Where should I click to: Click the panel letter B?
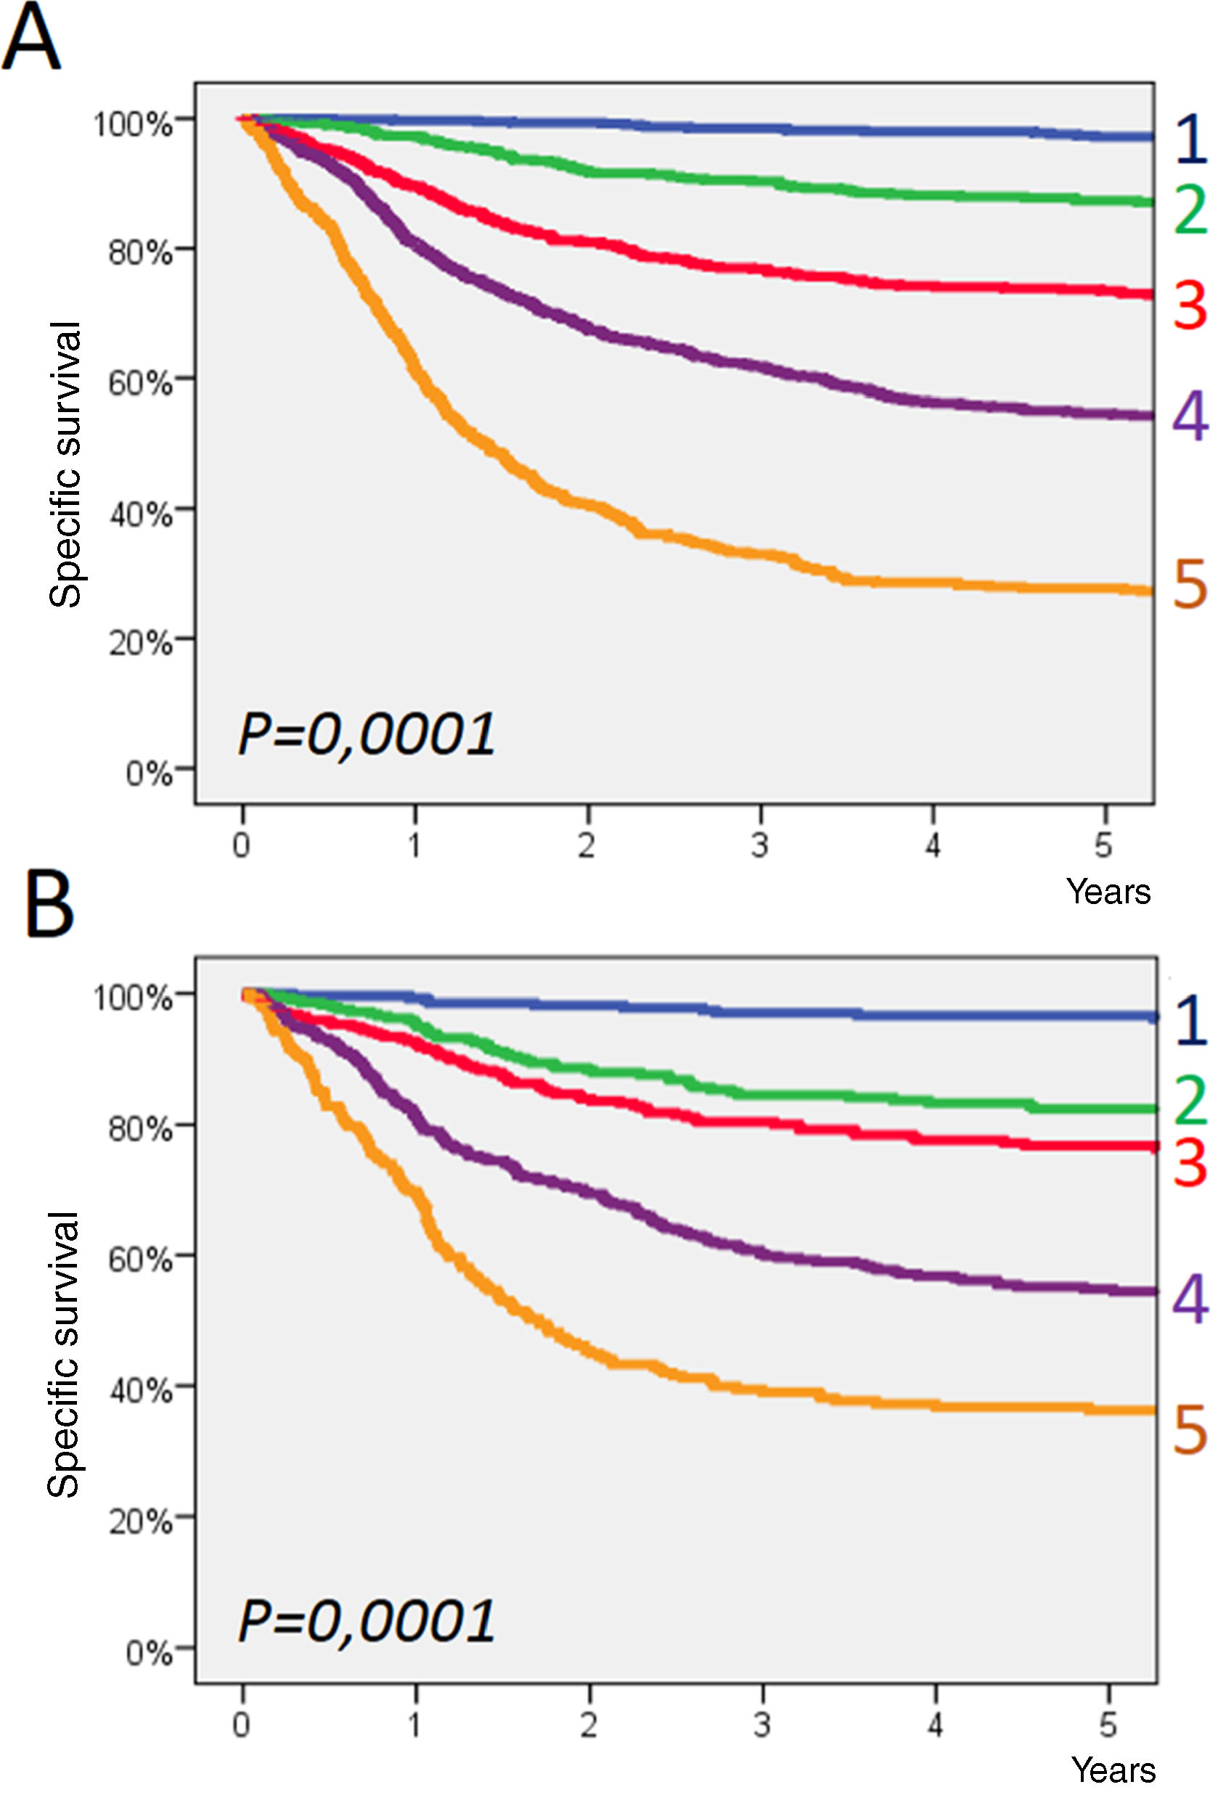tap(49, 905)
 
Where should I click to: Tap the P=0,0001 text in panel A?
tap(367, 734)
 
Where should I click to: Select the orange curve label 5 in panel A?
tap(1189, 586)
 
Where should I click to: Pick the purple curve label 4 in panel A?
tap(1189, 416)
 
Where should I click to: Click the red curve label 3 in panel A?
tap(1189, 305)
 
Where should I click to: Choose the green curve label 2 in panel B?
tap(1189, 1100)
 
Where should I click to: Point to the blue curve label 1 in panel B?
tap(1189, 1021)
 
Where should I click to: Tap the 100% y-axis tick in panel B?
tap(132, 998)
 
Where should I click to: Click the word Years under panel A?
tap(1108, 892)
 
